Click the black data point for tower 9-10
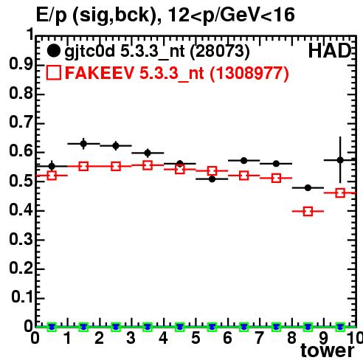coord(340,160)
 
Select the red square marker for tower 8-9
coord(308,211)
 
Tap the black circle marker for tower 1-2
coord(83,144)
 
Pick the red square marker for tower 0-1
coord(52,176)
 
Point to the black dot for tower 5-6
coord(212,179)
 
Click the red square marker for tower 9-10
coord(340,193)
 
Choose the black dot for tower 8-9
coord(308,188)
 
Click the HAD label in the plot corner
coord(330,51)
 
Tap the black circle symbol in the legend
coord(53,51)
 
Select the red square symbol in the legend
coord(54,72)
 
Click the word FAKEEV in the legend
coord(100,72)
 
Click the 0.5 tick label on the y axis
coord(21,181)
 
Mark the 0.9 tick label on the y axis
coord(21,64)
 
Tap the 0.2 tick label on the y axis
coord(21,269)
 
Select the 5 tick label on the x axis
coord(196,338)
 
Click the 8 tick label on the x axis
coord(291,338)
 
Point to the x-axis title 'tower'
coord(328,350)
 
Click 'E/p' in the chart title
coord(52,15)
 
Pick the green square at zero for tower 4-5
coord(180,327)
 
